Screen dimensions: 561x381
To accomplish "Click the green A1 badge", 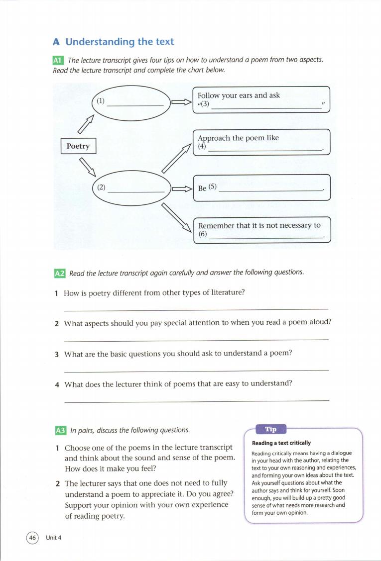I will [58, 60].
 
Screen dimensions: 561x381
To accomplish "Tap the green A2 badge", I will [59, 273].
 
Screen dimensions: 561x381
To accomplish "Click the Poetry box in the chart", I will [78, 146].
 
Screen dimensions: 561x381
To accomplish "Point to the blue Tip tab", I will [270, 429].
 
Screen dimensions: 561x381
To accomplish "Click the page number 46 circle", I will [33, 538].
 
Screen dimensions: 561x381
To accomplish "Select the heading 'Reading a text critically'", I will [281, 443].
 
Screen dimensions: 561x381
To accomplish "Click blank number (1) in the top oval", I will [101, 101].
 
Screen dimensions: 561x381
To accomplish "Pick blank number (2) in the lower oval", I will [101, 187].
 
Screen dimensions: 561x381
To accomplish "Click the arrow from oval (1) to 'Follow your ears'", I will [181, 102].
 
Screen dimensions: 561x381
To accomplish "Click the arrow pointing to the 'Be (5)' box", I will [181, 188].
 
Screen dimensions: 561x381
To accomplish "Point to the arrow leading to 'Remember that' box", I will [177, 219].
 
